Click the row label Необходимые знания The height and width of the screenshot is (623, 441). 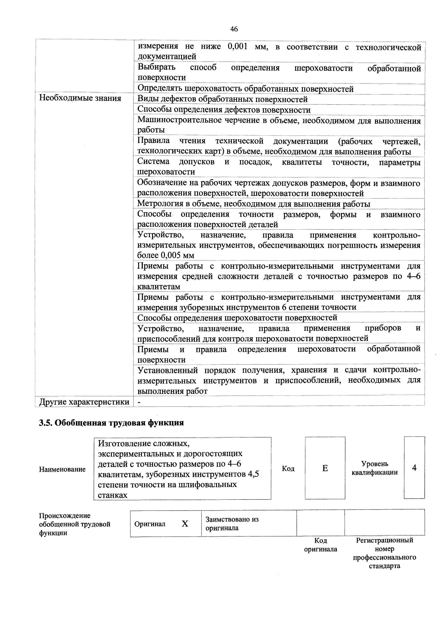[80, 98]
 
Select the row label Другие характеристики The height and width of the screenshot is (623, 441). [84, 402]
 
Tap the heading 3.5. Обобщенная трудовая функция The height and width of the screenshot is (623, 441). [111, 423]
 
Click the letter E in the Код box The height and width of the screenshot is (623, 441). [325, 468]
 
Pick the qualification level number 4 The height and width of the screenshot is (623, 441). [414, 468]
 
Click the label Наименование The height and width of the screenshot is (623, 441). [62, 469]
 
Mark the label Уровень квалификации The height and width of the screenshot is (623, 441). [374, 468]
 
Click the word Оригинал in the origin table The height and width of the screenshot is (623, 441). [150, 524]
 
